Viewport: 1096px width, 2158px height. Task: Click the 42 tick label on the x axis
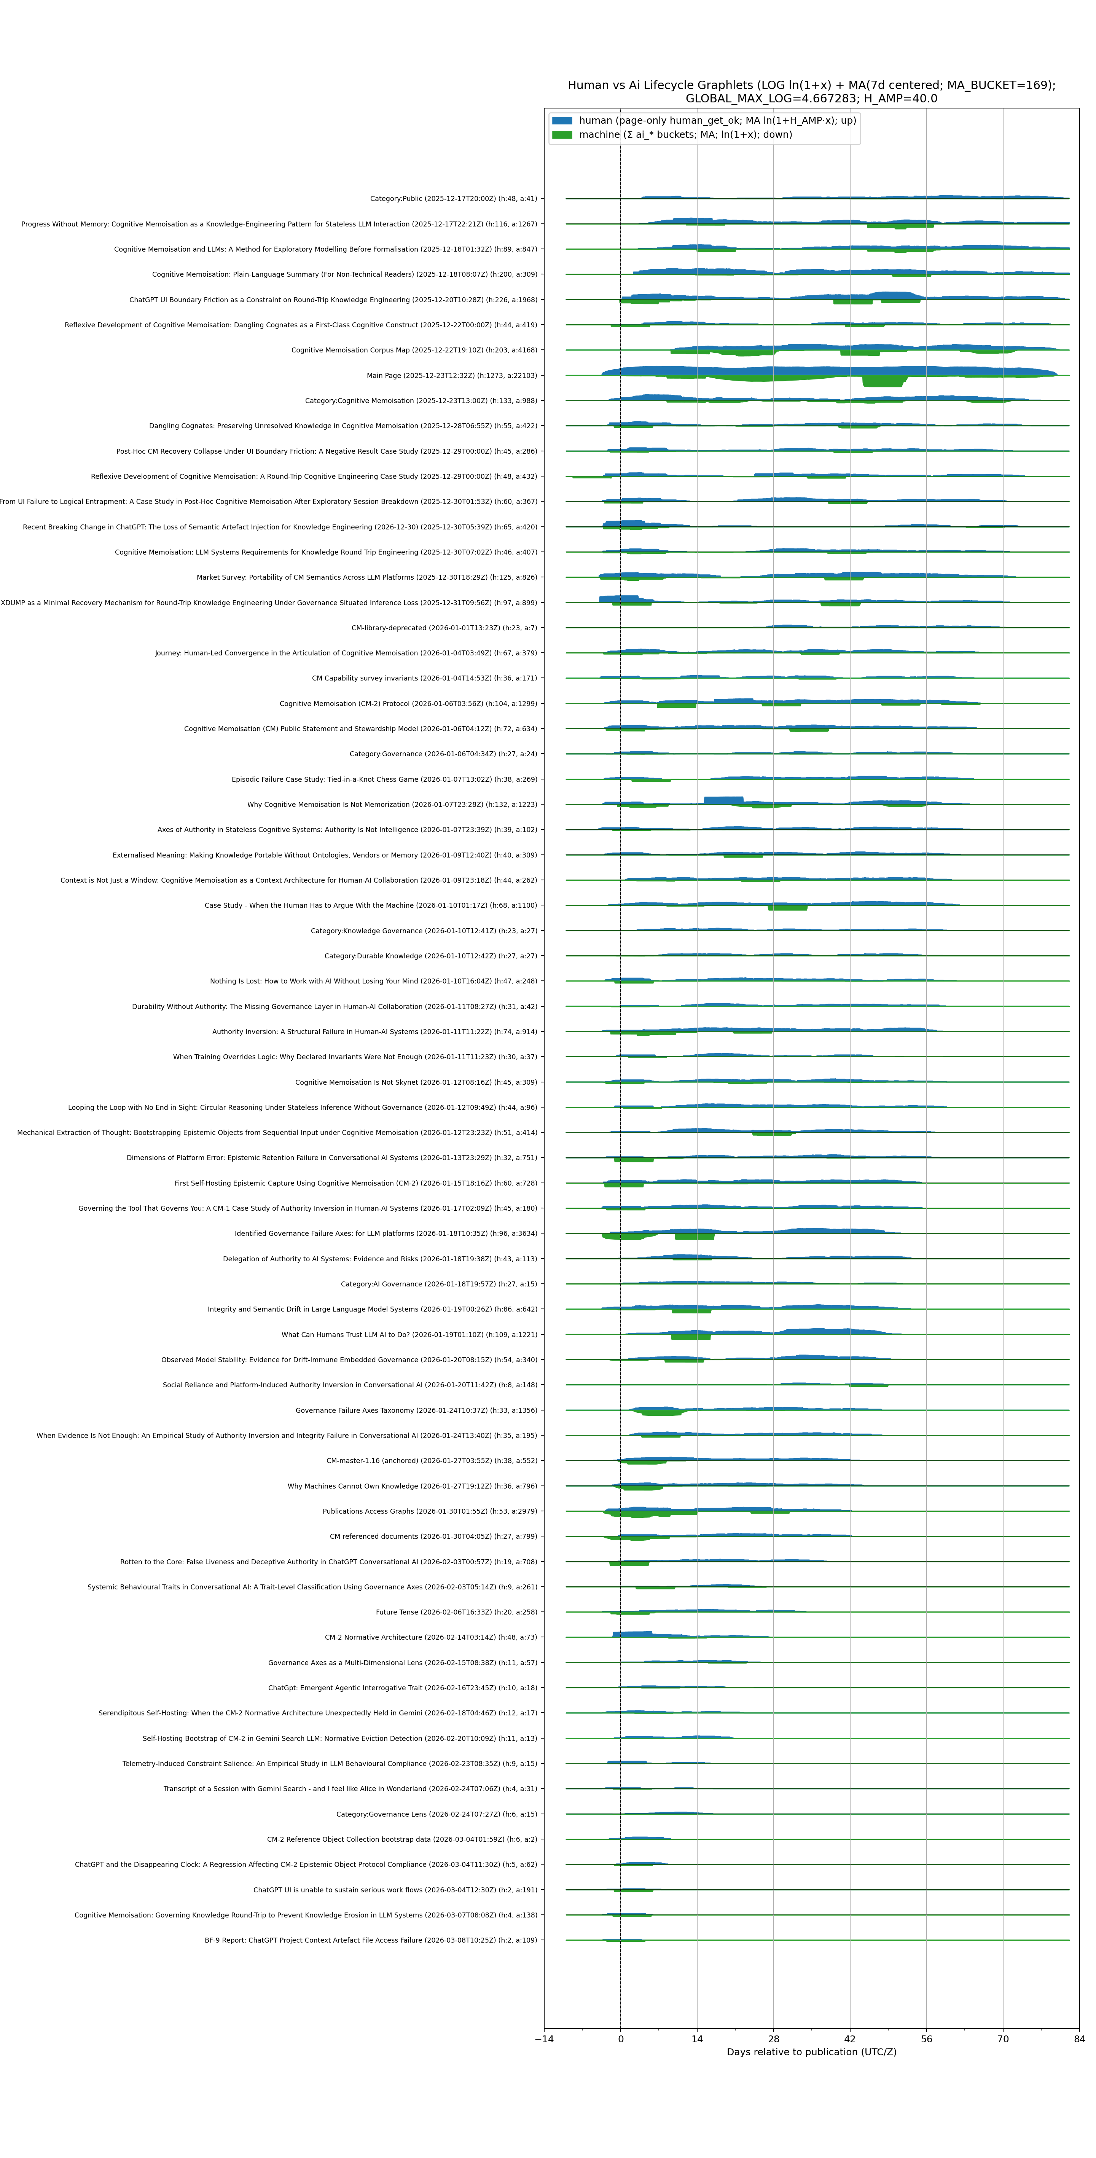tap(850, 2039)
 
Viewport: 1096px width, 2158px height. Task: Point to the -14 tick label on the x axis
tap(544, 2039)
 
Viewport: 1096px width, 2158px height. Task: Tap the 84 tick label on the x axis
tap(1078, 2039)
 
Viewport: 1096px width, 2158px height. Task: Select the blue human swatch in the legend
tap(562, 121)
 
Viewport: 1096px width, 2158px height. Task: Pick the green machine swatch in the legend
tap(562, 134)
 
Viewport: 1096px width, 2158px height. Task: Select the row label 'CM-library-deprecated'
tap(444, 628)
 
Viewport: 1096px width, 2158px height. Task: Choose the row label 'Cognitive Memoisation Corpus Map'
tap(414, 350)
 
